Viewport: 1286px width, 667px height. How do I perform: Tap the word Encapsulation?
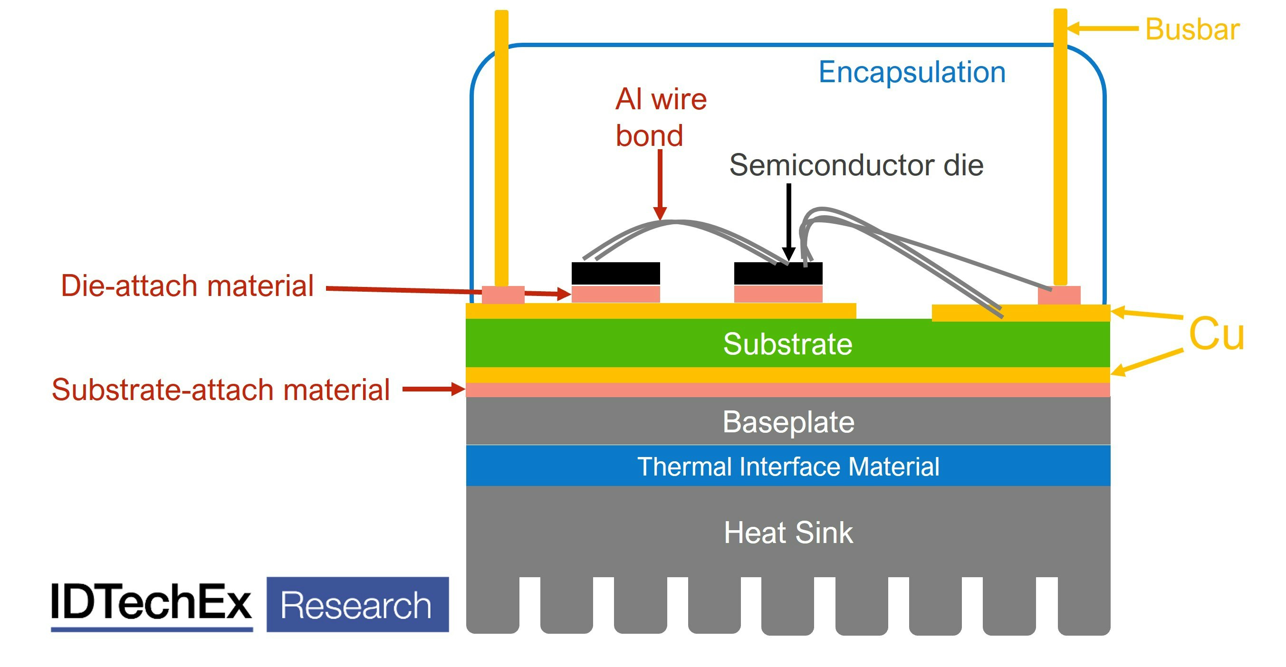912,72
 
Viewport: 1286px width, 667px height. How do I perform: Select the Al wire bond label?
660,117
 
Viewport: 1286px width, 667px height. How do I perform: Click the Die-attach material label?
187,286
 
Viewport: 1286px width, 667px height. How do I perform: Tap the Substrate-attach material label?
221,390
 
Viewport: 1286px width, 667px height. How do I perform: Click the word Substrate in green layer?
787,344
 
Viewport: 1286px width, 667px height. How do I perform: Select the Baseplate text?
788,422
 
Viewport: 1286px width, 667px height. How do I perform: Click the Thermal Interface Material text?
788,467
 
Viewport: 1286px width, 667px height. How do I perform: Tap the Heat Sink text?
788,533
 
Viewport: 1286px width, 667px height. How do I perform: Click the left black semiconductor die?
615,273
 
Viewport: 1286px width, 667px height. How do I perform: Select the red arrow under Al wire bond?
660,185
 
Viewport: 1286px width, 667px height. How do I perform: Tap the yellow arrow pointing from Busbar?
1101,29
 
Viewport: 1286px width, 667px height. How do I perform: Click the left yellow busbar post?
501,150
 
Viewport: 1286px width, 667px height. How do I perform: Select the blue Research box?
357,605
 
